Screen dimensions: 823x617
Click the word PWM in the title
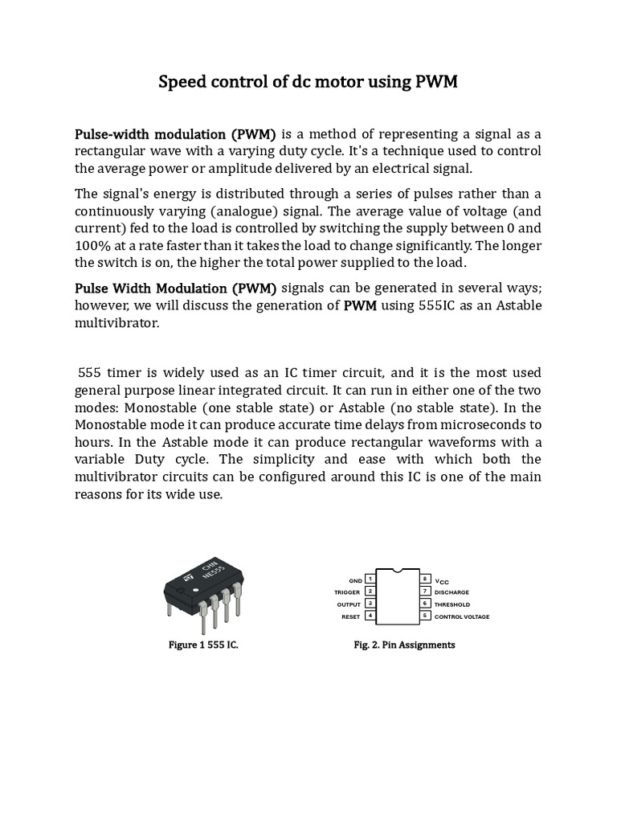click(x=435, y=82)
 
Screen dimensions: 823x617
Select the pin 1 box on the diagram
click(x=370, y=579)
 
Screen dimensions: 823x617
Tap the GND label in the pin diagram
click(x=355, y=579)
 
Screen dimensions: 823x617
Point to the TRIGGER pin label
click(x=348, y=592)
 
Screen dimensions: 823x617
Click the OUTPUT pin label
click(x=349, y=604)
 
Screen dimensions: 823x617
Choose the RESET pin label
click(x=352, y=616)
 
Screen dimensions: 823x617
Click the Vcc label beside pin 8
click(x=442, y=580)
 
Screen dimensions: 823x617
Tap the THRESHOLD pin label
click(x=452, y=604)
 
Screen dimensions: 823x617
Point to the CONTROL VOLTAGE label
click(x=462, y=616)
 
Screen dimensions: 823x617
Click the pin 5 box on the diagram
click(x=424, y=616)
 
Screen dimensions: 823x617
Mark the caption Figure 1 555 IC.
click(x=202, y=645)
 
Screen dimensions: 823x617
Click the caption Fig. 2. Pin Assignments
click(x=404, y=645)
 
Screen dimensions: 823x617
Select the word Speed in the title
click(x=181, y=82)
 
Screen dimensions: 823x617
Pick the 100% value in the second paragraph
click(x=93, y=245)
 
